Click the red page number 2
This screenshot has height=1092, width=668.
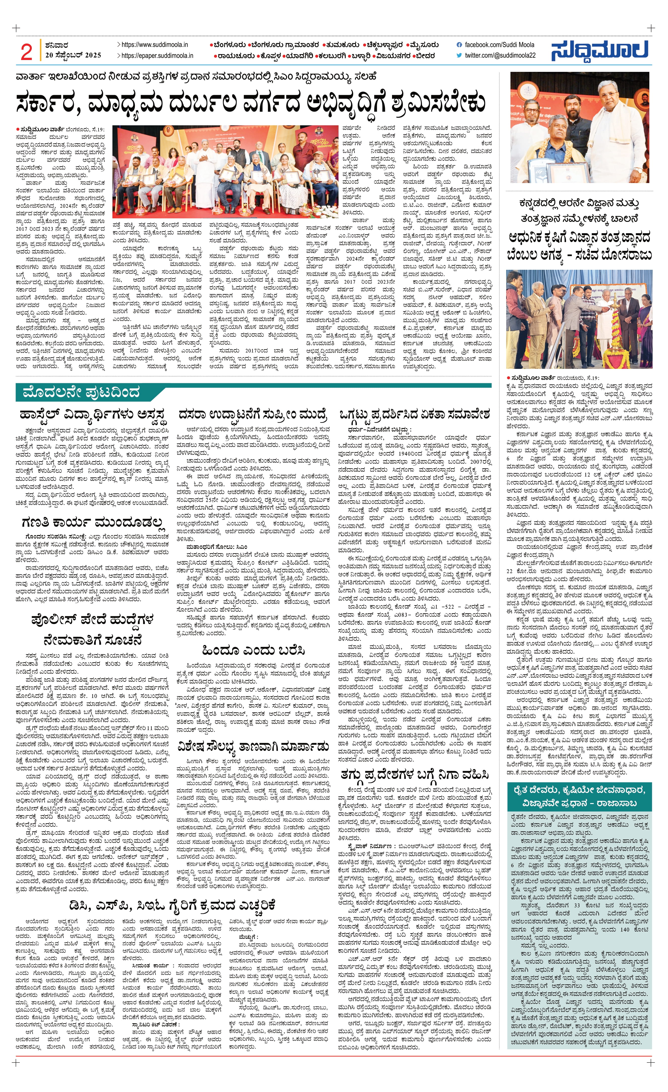pyautogui.click(x=26, y=52)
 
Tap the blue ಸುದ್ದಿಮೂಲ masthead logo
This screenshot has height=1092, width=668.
pyautogui.click(x=600, y=50)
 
